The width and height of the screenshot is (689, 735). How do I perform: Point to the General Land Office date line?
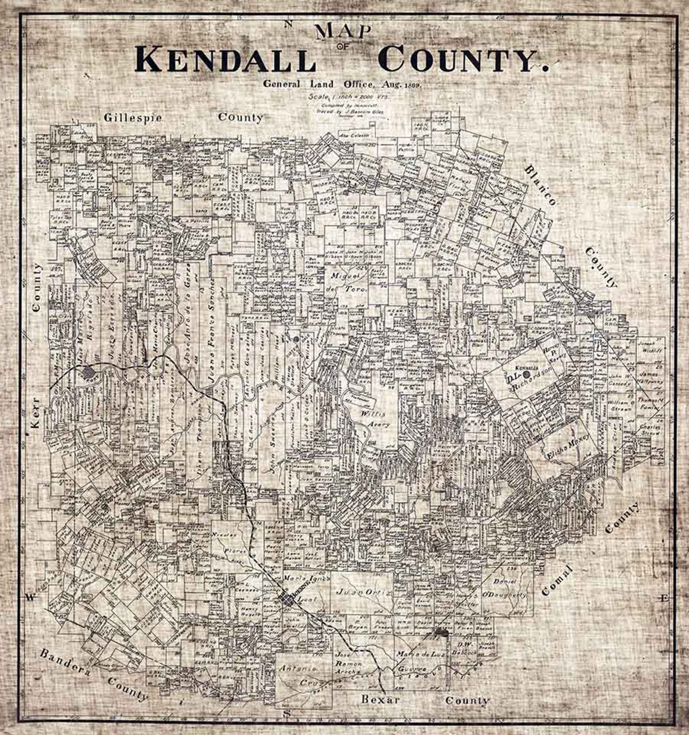[x=342, y=84]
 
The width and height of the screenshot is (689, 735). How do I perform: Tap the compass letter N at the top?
[x=287, y=24]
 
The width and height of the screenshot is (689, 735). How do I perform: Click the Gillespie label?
[x=133, y=117]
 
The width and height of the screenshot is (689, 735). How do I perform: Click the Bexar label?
[x=381, y=699]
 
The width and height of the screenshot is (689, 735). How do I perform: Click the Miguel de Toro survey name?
[x=349, y=282]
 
